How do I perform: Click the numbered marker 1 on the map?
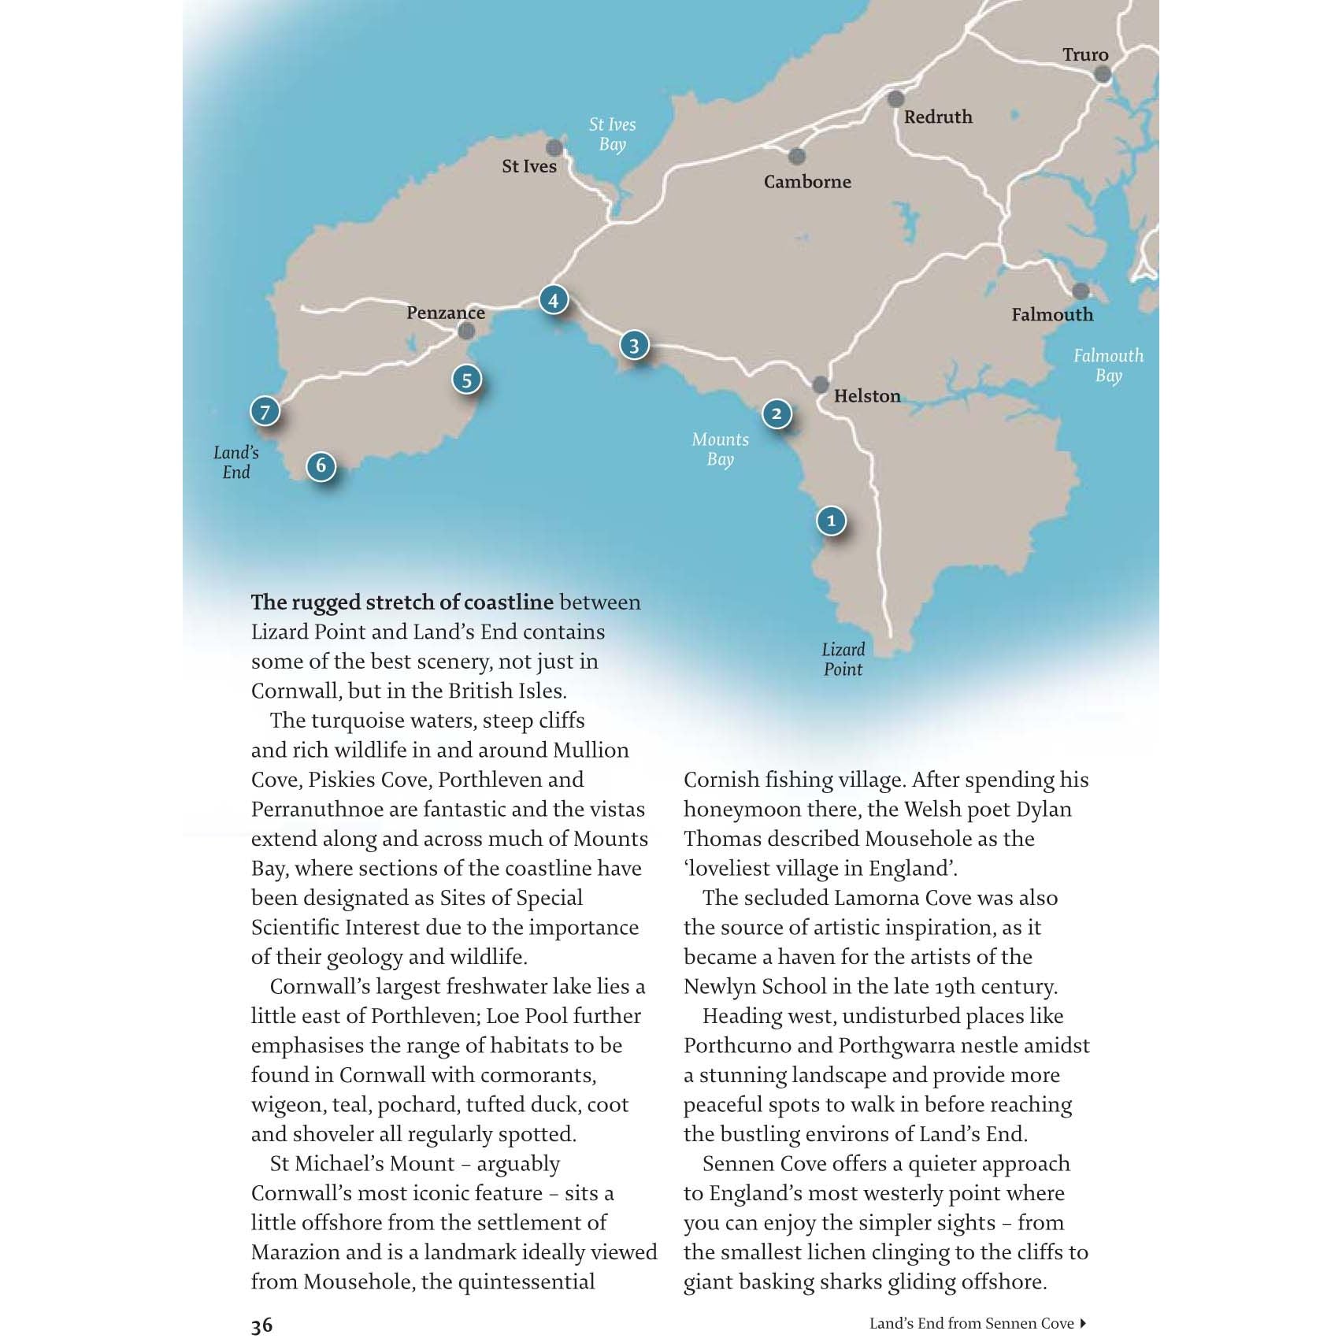[831, 521]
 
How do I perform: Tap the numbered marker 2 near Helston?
[777, 413]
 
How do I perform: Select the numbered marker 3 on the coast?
[634, 345]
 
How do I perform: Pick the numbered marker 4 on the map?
[554, 300]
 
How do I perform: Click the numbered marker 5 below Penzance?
[467, 380]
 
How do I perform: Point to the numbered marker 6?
[321, 465]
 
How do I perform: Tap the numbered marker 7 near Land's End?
[265, 411]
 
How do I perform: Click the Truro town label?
[1084, 55]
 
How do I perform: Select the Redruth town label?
[938, 117]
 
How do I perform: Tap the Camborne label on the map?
[807, 182]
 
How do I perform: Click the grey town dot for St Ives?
[554, 148]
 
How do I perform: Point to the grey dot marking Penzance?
[466, 332]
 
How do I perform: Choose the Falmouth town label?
[1052, 315]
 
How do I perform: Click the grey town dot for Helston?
[821, 385]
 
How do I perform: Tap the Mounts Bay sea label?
[720, 449]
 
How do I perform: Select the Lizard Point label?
[843, 659]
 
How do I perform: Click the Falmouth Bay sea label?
[1108, 365]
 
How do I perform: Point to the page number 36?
[261, 1325]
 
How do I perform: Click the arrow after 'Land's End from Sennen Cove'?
[1084, 1323]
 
